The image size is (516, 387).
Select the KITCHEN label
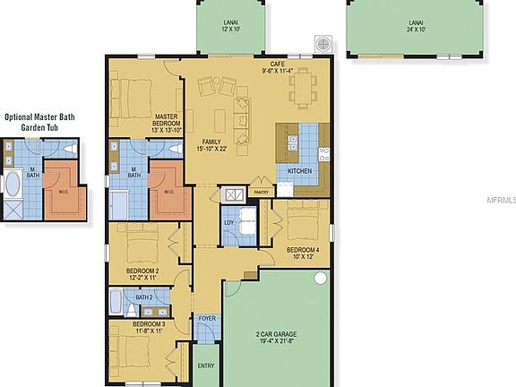click(299, 169)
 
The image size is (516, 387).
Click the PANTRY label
click(262, 191)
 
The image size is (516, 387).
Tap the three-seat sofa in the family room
click(243, 113)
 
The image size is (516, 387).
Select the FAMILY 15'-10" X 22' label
click(211, 145)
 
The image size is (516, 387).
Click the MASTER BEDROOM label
click(166, 122)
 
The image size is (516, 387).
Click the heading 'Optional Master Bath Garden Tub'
click(43, 122)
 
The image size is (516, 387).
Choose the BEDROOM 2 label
click(142, 273)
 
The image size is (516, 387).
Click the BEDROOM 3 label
click(148, 327)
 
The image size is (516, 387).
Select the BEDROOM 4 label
click(302, 253)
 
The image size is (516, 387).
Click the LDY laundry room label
click(228, 222)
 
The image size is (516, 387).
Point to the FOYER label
click(206, 318)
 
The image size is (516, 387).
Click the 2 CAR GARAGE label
click(276, 337)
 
